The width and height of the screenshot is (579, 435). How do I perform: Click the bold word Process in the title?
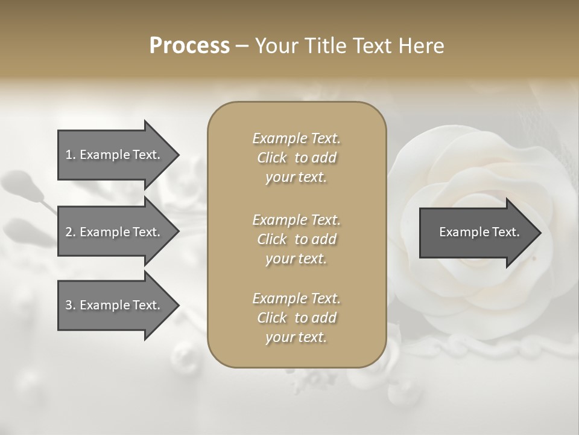tap(189, 46)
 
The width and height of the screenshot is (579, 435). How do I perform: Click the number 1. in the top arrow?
tap(70, 155)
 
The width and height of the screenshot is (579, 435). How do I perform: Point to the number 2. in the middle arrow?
tap(70, 232)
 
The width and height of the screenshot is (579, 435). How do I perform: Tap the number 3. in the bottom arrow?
tap(70, 305)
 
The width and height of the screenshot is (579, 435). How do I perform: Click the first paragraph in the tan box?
tap(296, 158)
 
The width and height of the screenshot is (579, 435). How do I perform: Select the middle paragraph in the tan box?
tap(296, 239)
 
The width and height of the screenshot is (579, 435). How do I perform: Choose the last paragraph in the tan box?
tap(296, 318)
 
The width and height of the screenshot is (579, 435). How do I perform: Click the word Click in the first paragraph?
tap(272, 158)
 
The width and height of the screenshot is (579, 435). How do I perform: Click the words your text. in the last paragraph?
tap(296, 338)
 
